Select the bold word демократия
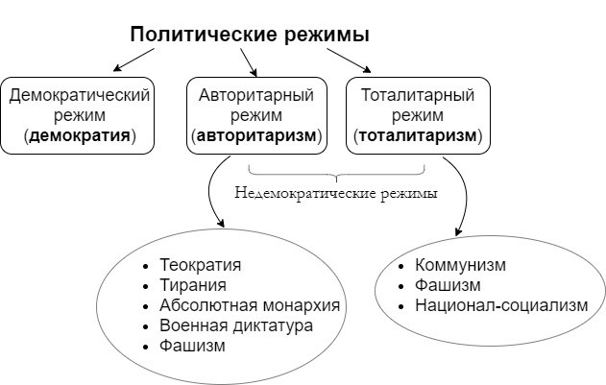coord(80,135)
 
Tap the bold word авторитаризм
coord(256,135)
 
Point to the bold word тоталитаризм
coord(418,135)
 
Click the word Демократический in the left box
coord(79,95)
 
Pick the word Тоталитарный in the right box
coord(418,95)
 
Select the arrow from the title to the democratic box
coord(133,60)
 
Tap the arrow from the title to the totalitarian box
coord(349,60)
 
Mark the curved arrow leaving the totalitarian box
coord(465,193)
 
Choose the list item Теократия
coord(200,265)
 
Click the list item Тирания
coord(193,285)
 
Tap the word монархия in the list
coord(302,305)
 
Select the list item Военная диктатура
coord(236,325)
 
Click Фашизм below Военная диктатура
coord(192,346)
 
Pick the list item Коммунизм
coord(460,265)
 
